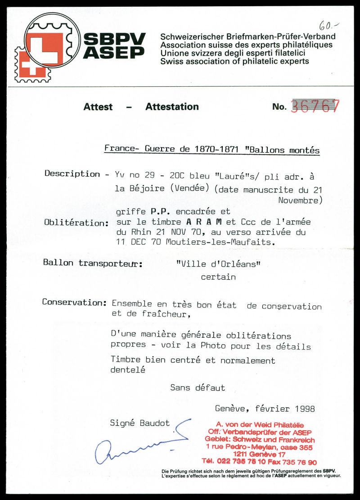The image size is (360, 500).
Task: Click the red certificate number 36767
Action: pos(315,107)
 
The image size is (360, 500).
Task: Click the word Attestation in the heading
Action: pos(172,107)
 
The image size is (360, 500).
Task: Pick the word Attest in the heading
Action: pos(98,107)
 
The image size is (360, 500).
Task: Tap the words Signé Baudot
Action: pos(140,423)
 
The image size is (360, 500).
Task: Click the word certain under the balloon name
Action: pos(218,277)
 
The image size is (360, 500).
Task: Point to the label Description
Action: pos(72,174)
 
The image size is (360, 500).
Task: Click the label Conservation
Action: pos(74,302)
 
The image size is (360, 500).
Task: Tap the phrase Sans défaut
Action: pos(198,387)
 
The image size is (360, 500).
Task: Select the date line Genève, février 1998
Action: pos(265,409)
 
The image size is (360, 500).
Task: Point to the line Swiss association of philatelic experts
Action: pos(234,61)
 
